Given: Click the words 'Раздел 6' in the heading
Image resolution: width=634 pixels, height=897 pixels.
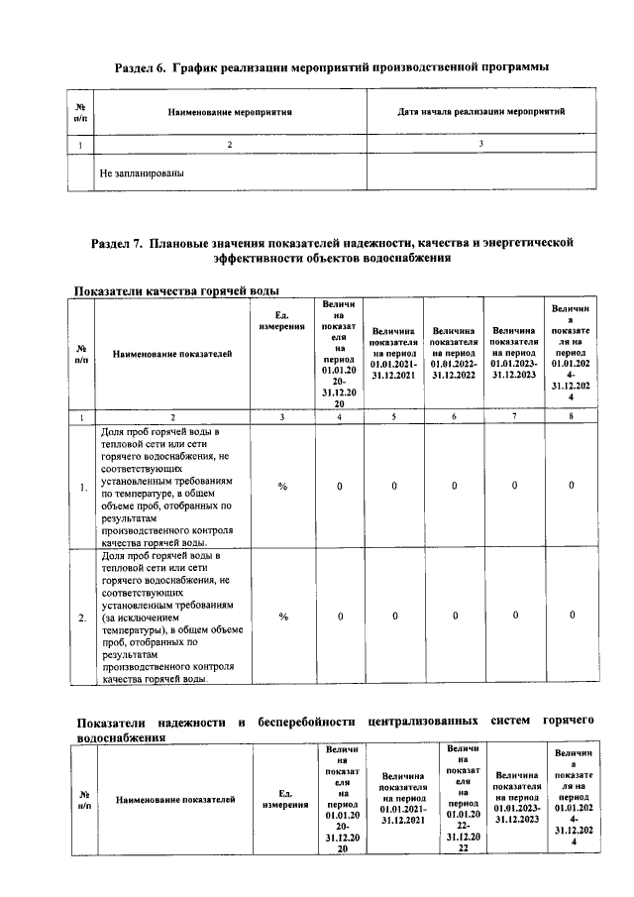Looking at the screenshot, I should click(x=141, y=66).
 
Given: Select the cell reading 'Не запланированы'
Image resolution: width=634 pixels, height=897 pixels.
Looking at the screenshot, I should click(x=143, y=172).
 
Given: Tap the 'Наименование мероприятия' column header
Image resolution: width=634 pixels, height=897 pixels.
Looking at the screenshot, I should click(x=229, y=112).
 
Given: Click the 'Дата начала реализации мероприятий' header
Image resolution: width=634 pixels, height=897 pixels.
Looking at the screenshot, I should click(x=480, y=112).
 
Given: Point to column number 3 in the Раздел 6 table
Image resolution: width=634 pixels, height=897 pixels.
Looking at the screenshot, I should click(x=480, y=145).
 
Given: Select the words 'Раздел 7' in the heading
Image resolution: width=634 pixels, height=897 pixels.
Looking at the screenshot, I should click(x=117, y=242).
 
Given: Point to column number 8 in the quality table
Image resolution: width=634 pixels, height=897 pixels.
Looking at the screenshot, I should click(x=572, y=417).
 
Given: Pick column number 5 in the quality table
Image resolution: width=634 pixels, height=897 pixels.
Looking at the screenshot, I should click(x=393, y=417).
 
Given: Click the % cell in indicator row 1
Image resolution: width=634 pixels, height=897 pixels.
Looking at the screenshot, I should click(x=282, y=487).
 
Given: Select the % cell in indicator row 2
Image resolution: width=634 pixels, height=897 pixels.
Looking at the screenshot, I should click(x=282, y=617).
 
